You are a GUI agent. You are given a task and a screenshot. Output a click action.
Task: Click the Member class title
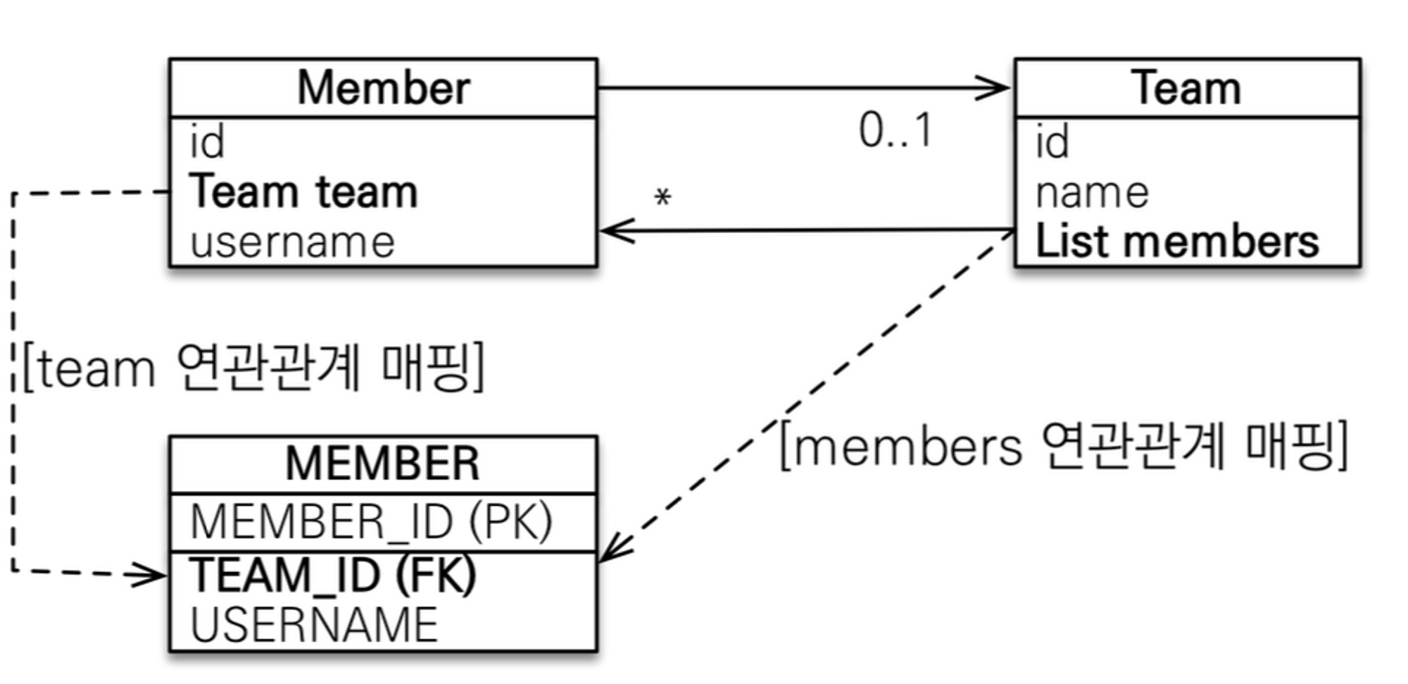point(383,89)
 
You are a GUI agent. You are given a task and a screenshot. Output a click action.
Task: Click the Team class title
point(1187,89)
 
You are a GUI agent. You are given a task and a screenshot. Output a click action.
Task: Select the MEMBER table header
point(383,464)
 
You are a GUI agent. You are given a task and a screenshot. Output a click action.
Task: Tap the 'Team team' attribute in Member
point(303,192)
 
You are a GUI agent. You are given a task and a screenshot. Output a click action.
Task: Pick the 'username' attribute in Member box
point(292,242)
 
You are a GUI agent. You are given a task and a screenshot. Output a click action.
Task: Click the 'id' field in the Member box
point(207,142)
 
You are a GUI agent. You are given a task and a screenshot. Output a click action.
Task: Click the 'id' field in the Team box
point(1052,142)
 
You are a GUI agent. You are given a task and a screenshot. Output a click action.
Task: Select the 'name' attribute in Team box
point(1092,193)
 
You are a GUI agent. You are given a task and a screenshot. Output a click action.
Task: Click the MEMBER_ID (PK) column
point(372,523)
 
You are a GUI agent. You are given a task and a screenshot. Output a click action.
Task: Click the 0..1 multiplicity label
point(895,131)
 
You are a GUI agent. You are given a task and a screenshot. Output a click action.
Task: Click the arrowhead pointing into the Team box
point(996,89)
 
